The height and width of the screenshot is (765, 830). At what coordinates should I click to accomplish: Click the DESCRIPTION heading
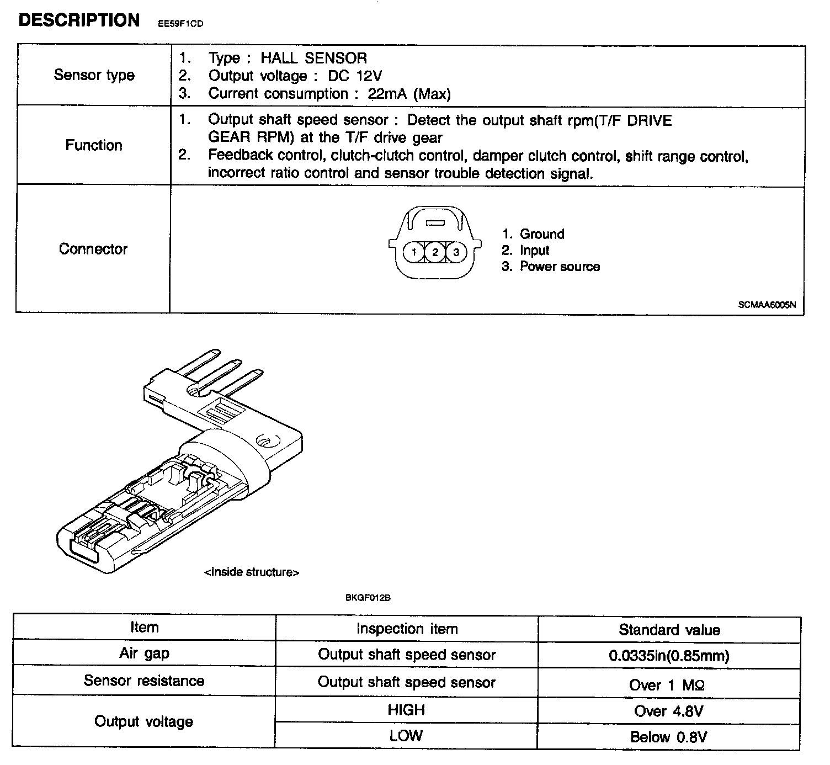tap(79, 20)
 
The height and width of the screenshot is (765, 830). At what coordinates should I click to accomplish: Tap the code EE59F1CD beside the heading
tap(180, 24)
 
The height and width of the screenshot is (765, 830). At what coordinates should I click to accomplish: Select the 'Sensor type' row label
tap(94, 75)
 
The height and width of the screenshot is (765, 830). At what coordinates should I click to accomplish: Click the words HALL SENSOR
tap(313, 58)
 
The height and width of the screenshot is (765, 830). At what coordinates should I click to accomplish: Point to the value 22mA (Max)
tap(409, 94)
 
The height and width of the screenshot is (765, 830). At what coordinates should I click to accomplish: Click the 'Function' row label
tap(94, 145)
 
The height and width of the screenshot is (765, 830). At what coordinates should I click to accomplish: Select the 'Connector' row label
tap(93, 249)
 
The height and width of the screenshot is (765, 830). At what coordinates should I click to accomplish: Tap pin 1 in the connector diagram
tap(414, 252)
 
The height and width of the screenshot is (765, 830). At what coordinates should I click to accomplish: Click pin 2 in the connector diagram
tap(435, 252)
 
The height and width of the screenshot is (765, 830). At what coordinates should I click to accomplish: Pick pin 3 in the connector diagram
tap(456, 252)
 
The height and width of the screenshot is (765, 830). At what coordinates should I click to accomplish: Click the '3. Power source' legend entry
tap(551, 267)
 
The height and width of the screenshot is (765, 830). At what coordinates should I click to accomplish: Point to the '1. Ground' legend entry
tap(533, 234)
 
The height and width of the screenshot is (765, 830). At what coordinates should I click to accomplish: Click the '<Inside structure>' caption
tap(252, 572)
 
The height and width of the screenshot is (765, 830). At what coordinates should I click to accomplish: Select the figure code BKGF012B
tap(368, 597)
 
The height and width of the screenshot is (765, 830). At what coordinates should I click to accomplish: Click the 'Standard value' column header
tap(669, 630)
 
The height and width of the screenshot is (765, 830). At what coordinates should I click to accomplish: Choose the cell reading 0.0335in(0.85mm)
tap(669, 656)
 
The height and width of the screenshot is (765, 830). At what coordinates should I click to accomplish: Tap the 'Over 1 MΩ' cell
tap(667, 686)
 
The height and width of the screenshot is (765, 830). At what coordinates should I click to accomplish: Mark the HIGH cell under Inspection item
tap(406, 710)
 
